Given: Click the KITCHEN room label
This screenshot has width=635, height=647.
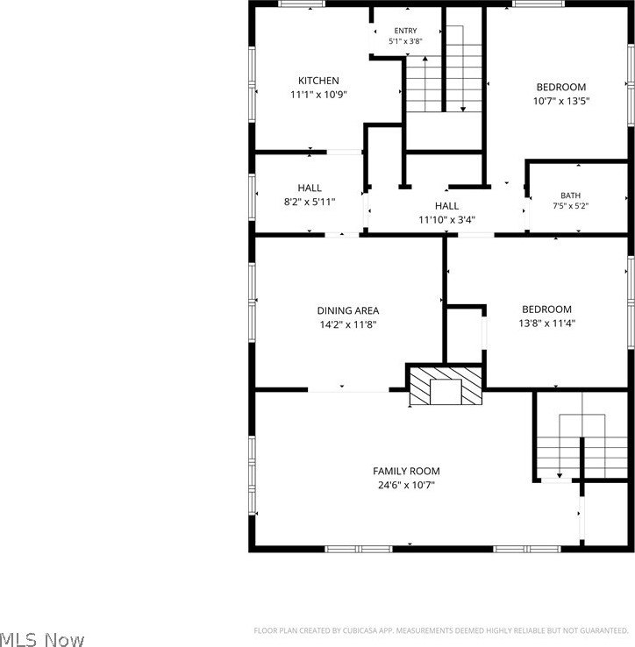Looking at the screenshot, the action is [x=318, y=81].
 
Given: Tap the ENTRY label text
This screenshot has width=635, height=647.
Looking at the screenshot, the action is [x=405, y=31].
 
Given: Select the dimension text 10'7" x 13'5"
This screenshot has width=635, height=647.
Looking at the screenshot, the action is [x=561, y=101].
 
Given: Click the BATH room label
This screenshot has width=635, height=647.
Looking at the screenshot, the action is [x=571, y=196].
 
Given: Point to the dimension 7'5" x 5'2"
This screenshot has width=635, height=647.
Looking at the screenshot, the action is [x=571, y=205].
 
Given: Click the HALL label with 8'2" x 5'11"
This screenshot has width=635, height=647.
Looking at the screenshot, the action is [x=310, y=188].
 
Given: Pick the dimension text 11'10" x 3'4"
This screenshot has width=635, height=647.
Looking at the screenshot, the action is [x=446, y=219].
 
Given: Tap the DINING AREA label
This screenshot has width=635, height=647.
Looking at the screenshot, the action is [x=348, y=310].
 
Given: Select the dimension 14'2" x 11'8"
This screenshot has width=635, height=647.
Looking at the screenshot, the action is [x=348, y=324].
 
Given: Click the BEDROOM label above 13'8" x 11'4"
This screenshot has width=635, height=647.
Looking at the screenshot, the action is [x=546, y=309].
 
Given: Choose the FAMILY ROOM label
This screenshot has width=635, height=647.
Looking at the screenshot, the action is [x=406, y=471].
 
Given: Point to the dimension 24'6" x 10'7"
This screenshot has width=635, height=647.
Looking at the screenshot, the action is [x=406, y=485].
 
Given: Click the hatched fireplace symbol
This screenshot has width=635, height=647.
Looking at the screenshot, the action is [x=446, y=386].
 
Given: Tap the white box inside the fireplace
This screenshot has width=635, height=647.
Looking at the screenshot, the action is [x=446, y=392].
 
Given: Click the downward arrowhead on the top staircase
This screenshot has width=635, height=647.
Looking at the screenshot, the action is [x=463, y=110].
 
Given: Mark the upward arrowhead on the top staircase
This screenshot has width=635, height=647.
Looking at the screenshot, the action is [x=425, y=59].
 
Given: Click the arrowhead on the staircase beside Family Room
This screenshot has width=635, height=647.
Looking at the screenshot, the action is [x=559, y=475].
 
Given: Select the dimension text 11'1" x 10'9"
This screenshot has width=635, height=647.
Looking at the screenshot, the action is [x=318, y=95].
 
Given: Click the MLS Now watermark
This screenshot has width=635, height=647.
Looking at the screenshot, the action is [x=42, y=639].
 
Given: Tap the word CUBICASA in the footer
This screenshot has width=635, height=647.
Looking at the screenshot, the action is [x=360, y=630].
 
